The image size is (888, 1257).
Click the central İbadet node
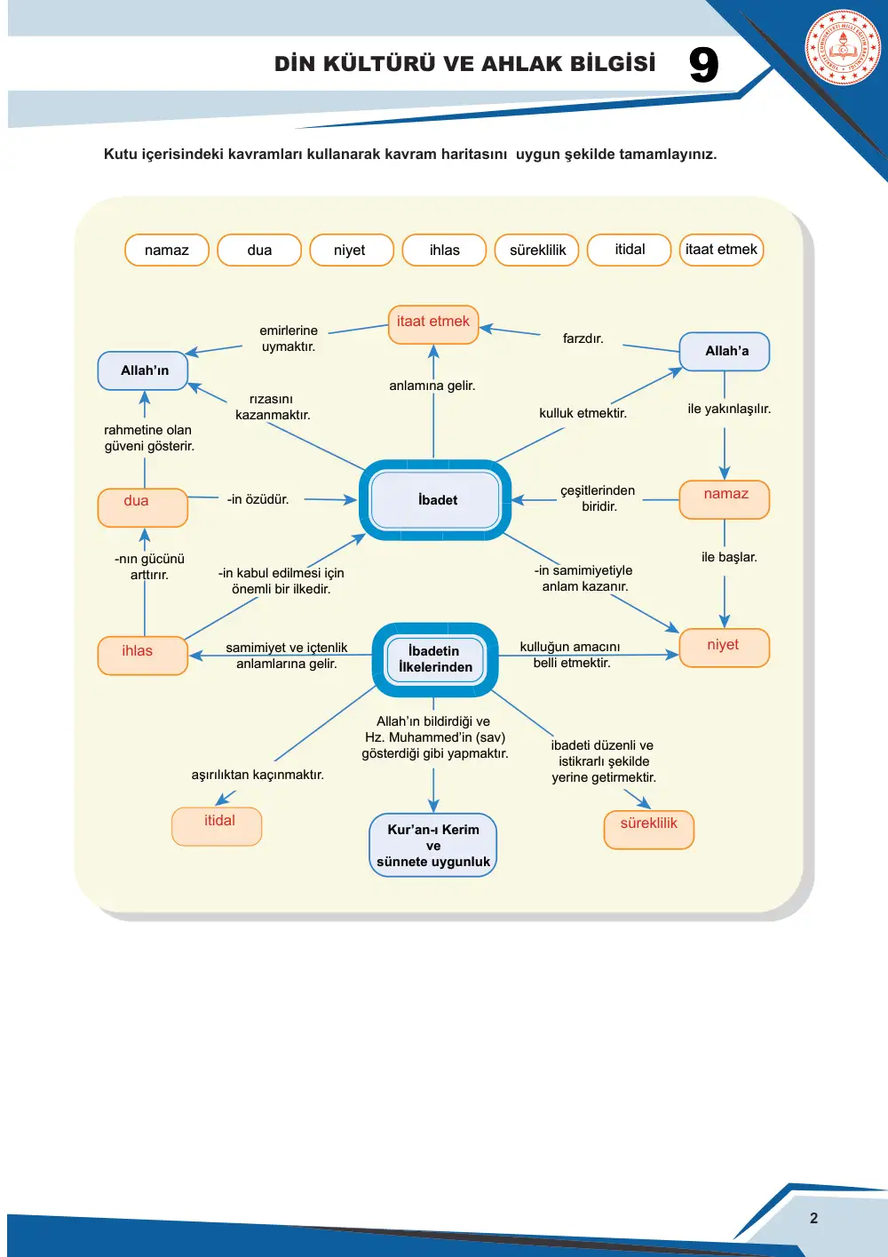[435, 500]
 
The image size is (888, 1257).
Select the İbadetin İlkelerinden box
[435, 659]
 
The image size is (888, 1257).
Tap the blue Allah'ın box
[142, 370]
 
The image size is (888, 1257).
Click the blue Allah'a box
[725, 351]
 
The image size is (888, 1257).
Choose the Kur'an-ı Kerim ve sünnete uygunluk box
[433, 845]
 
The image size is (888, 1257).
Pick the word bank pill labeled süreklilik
[537, 250]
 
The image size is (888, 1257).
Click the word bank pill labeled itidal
[629, 250]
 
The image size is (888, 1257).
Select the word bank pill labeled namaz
[167, 250]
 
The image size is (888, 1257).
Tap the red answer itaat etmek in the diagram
[433, 321]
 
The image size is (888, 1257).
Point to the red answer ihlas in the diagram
[138, 650]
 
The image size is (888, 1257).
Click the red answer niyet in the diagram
[723, 645]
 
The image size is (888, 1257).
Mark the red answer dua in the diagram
[136, 500]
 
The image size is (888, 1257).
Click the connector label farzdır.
[583, 338]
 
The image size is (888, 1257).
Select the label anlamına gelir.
[432, 386]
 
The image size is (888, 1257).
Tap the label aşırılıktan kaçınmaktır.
[258, 775]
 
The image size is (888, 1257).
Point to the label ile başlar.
[729, 557]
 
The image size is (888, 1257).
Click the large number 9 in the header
[703, 65]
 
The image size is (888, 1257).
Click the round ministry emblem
[843, 47]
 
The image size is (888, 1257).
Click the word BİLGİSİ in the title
[613, 63]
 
